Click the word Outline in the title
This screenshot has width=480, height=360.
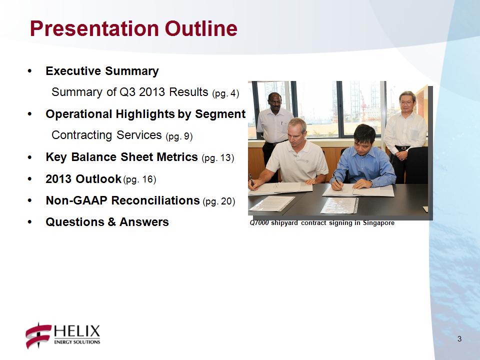tap(201, 29)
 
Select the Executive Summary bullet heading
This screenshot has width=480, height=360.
tap(102, 71)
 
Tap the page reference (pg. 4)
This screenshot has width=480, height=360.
tap(225, 93)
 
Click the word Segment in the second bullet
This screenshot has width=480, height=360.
tap(220, 114)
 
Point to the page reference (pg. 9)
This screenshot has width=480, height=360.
tap(179, 136)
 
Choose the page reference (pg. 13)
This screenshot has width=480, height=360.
tap(218, 158)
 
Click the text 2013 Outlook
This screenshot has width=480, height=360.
tap(83, 179)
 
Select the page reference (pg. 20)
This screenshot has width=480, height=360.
tap(219, 201)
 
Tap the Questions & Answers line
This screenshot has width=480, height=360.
tap(107, 222)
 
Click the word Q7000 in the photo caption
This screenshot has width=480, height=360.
tap(259, 223)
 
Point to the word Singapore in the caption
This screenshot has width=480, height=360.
tap(378, 223)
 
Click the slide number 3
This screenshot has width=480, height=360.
tap(459, 339)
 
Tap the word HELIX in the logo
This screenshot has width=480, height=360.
tap(77, 331)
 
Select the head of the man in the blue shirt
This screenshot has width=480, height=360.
tap(364, 136)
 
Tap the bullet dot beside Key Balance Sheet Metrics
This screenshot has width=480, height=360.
tap(29, 157)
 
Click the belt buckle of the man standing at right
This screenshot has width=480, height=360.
tap(403, 148)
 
